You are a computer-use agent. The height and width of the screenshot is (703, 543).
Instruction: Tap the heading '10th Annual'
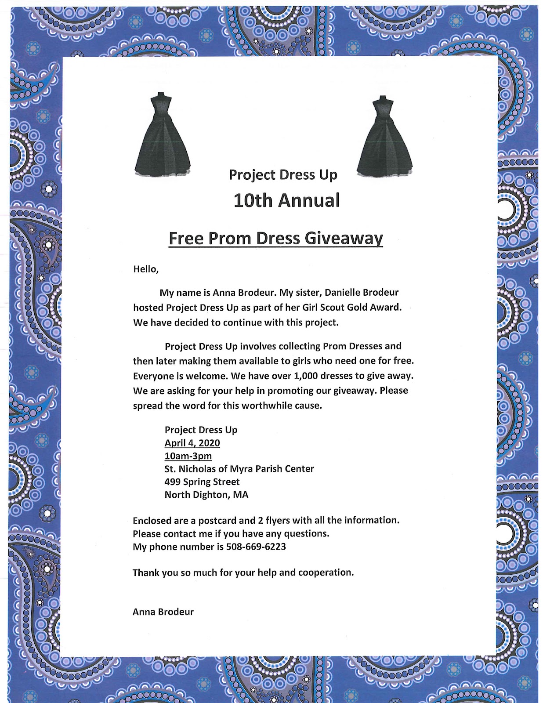pos(286,200)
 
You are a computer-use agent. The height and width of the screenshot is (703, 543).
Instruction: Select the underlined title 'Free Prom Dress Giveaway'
pos(276,239)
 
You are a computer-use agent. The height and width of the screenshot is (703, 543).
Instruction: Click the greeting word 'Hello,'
pos(146,269)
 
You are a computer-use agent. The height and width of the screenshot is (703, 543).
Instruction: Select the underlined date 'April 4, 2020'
pos(192,443)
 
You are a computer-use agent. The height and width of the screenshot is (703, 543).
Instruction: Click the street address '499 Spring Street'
pos(202,482)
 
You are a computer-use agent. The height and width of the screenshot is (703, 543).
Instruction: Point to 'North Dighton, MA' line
pos(206,495)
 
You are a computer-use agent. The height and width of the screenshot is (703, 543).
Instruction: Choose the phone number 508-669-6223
pos(256,547)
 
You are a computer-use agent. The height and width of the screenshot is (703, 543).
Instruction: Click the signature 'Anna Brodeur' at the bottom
pos(163,612)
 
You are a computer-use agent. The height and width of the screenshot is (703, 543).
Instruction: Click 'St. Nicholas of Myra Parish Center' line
pos(239,469)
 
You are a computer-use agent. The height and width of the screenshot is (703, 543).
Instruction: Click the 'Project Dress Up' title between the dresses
pos(283,175)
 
